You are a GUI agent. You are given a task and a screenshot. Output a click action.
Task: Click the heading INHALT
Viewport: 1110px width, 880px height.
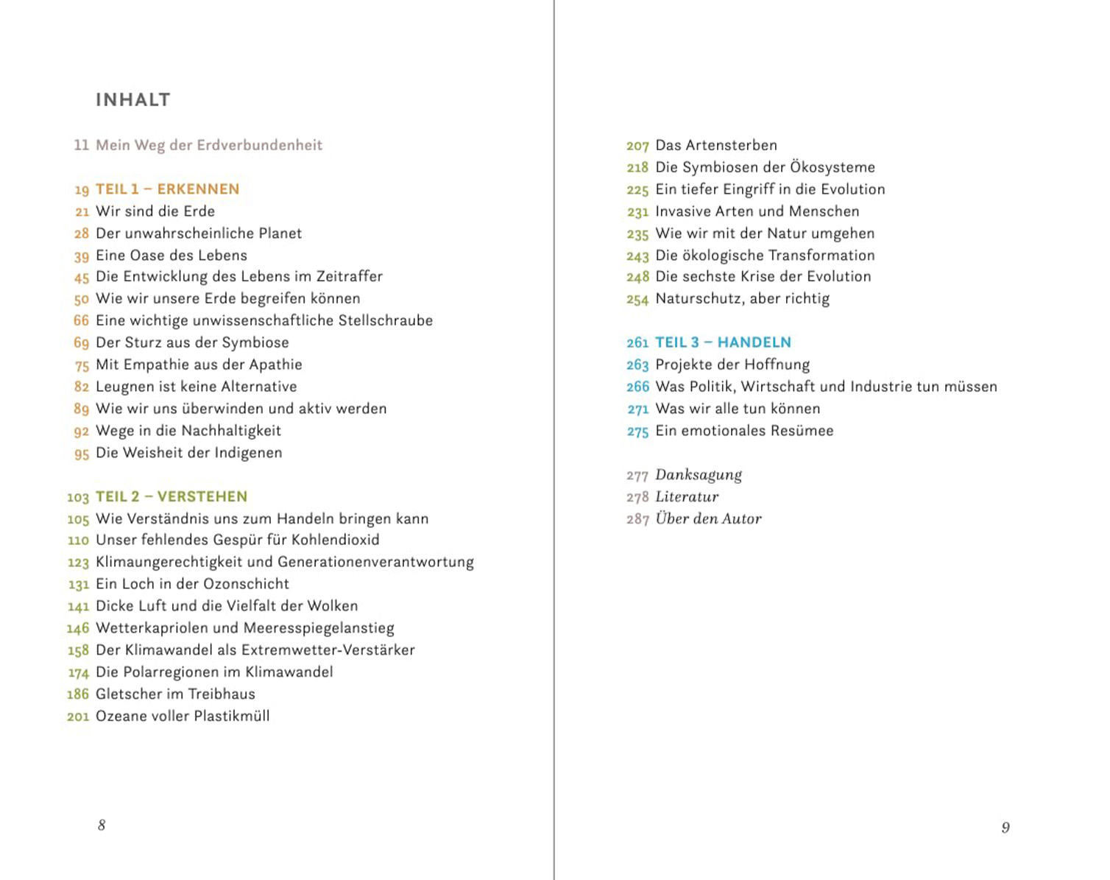pyautogui.click(x=132, y=100)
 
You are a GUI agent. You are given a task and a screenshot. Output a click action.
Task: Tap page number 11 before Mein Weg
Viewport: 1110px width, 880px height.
pyautogui.click(x=81, y=145)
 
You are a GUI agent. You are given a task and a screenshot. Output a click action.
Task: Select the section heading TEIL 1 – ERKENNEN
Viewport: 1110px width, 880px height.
pyautogui.click(x=167, y=189)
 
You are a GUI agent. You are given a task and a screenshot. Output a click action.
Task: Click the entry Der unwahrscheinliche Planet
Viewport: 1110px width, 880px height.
pyautogui.click(x=199, y=233)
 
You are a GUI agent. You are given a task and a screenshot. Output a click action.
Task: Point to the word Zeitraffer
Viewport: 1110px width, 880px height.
pyautogui.click(x=350, y=277)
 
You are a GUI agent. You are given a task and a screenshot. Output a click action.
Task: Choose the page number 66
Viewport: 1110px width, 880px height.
pyautogui.click(x=81, y=321)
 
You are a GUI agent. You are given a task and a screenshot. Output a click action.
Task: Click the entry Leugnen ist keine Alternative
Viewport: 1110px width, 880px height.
pyautogui.click(x=196, y=387)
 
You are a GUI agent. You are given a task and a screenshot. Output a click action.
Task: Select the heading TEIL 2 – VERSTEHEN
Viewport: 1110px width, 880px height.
pyautogui.click(x=171, y=497)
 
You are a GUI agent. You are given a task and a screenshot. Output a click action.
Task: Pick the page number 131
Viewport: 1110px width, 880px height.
pyautogui.click(x=78, y=585)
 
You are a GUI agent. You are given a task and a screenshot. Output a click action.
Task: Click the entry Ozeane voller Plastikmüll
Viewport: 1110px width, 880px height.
pyautogui.click(x=183, y=717)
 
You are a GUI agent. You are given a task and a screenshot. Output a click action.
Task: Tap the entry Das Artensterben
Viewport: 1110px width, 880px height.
pyautogui.click(x=716, y=145)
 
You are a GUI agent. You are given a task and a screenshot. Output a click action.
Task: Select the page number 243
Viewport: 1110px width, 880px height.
pyautogui.click(x=637, y=256)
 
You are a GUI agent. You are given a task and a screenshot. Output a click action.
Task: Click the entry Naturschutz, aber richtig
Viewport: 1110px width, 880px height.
pyautogui.click(x=742, y=299)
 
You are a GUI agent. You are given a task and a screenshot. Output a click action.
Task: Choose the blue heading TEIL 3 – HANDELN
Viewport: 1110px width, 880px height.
pyautogui.click(x=723, y=342)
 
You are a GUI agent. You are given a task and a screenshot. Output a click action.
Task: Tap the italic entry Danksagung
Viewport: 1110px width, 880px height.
pyautogui.click(x=699, y=475)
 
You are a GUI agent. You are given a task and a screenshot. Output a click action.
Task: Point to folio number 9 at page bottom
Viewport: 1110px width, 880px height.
pyautogui.click(x=1005, y=828)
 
